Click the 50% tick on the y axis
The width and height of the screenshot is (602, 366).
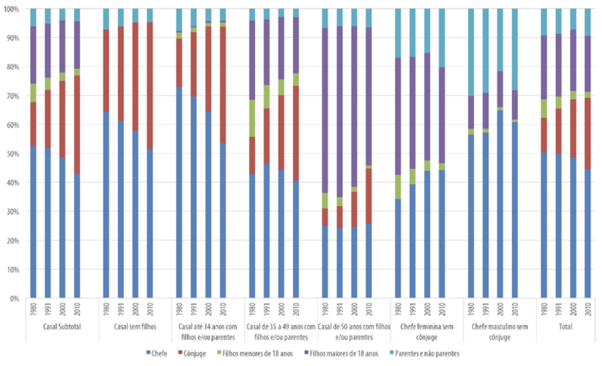(x=11, y=154)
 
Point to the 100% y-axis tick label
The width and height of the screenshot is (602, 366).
(x=10, y=9)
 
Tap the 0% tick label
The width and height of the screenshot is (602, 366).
(x=13, y=299)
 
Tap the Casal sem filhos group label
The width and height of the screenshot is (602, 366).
(x=135, y=327)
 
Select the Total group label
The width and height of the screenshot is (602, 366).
(x=566, y=327)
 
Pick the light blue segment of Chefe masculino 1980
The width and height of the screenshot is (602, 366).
(x=471, y=52)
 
